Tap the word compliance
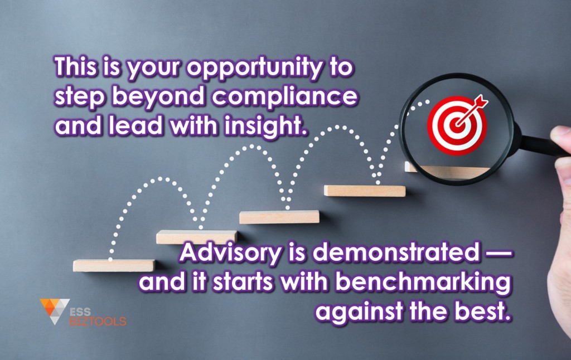(x=284, y=96)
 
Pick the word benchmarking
(x=423, y=283)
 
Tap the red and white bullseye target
(x=457, y=125)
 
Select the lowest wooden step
(x=114, y=265)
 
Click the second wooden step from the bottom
(x=197, y=237)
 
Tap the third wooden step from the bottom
(x=279, y=217)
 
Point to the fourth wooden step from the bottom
(x=365, y=191)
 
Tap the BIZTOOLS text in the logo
(x=98, y=321)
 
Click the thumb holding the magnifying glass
(x=561, y=137)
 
